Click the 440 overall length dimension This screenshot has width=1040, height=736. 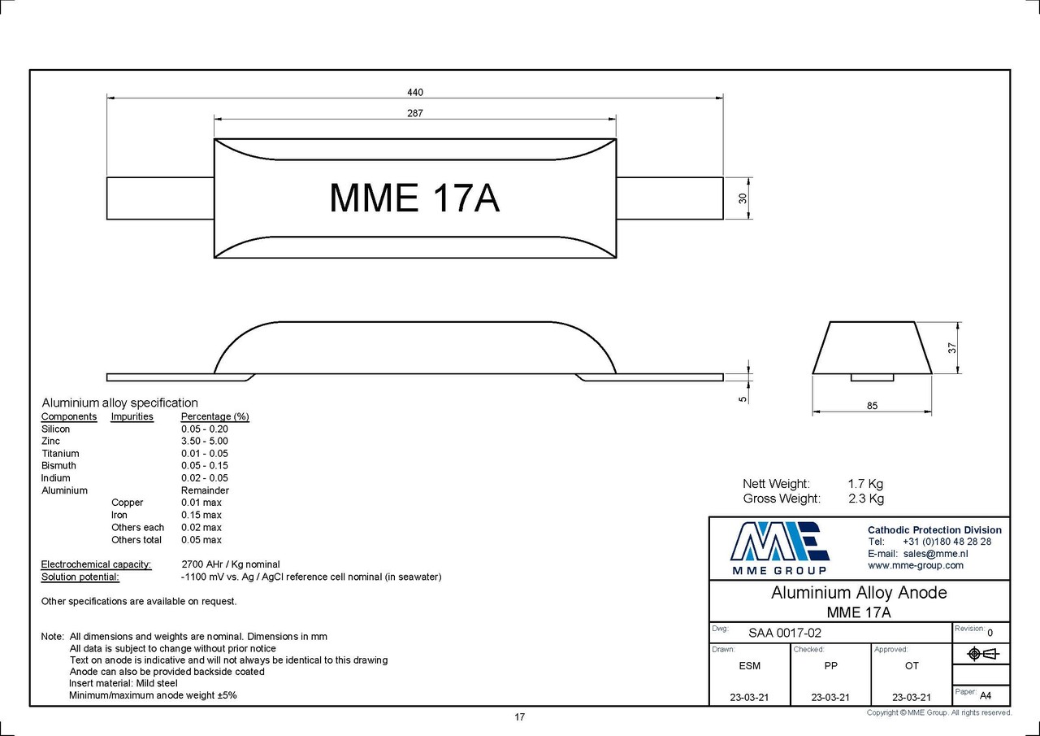pyautogui.click(x=415, y=93)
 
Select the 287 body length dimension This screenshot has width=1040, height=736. pyautogui.click(x=415, y=113)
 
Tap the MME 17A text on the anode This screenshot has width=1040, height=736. pyautogui.click(x=414, y=198)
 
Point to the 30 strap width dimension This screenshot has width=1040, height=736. pyautogui.click(x=743, y=198)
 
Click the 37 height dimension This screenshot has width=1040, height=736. pyautogui.click(x=952, y=346)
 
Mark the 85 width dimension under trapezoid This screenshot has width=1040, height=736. pyautogui.click(x=872, y=406)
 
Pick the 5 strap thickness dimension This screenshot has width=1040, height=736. pyautogui.click(x=743, y=398)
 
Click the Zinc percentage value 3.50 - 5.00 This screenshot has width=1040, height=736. pyautogui.click(x=204, y=441)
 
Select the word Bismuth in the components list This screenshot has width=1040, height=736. pyautogui.click(x=58, y=465)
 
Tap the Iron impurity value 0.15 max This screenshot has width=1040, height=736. pyautogui.click(x=201, y=515)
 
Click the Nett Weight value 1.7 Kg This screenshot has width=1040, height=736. pyautogui.click(x=864, y=484)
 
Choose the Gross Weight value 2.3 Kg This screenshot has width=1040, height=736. pyautogui.click(x=865, y=499)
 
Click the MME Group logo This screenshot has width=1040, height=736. pyautogui.click(x=779, y=547)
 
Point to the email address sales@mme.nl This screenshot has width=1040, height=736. pyautogui.click(x=935, y=554)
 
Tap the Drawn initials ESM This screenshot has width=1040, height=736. pyautogui.click(x=750, y=665)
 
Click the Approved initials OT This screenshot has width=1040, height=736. pyautogui.click(x=912, y=665)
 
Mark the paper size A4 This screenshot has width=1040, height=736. pyautogui.click(x=986, y=695)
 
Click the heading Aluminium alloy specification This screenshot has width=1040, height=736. pyautogui.click(x=119, y=403)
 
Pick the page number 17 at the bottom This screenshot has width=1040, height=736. pyautogui.click(x=519, y=716)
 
